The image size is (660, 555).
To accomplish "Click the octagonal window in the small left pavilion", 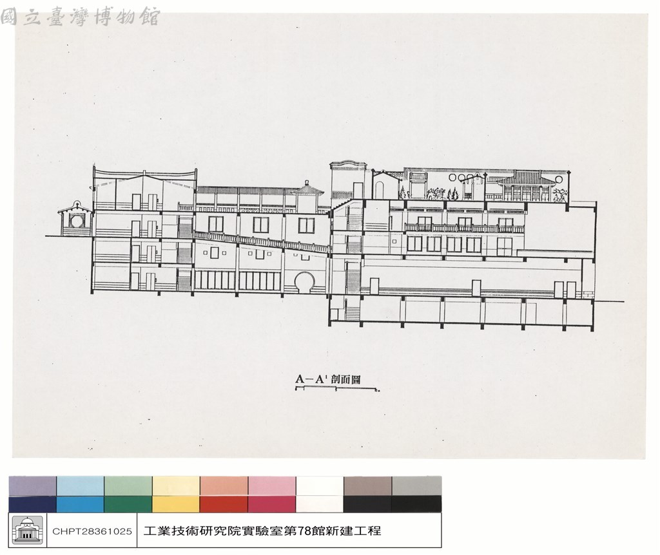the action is [x=77, y=220].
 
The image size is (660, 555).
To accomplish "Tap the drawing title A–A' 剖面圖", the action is [x=328, y=379].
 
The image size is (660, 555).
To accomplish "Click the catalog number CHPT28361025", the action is [x=92, y=531].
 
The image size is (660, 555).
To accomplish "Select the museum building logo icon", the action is [x=27, y=530].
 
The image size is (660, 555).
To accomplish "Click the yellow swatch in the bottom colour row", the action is [x=176, y=504].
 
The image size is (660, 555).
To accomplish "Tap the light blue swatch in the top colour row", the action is [x=81, y=486].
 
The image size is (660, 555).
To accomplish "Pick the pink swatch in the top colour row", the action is [x=272, y=486].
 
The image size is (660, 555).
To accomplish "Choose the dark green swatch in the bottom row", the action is [x=128, y=504].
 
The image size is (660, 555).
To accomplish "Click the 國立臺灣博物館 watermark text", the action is [x=81, y=17].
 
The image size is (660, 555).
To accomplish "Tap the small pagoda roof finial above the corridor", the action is [x=307, y=183].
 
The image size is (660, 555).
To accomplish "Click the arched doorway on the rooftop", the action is [x=380, y=188].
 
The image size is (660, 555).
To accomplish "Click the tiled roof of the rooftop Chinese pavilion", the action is [x=521, y=179].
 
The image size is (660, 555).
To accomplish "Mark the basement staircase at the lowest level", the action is [x=353, y=314].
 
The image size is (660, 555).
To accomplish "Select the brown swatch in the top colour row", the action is [x=367, y=486].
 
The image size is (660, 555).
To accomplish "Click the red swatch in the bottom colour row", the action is [x=224, y=504].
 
